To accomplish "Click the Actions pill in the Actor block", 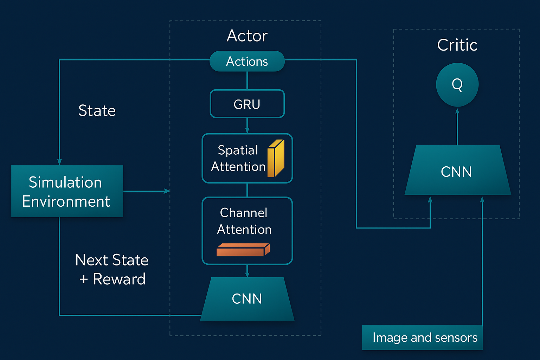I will click(247, 62).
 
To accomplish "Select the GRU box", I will click(247, 104).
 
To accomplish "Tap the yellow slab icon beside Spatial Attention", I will click(276, 158).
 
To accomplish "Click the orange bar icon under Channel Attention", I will click(243, 250).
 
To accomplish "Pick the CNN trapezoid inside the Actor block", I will click(247, 299).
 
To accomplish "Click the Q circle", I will click(457, 84).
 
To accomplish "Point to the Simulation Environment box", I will click(66, 191).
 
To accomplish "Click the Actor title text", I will click(247, 36).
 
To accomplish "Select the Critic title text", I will click(457, 45).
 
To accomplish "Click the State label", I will click(97, 111).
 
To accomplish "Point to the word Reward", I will click(119, 279).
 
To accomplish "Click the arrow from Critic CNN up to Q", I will click(457, 127).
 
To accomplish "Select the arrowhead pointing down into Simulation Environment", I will click(59, 161).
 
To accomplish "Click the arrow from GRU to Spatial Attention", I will click(247, 126).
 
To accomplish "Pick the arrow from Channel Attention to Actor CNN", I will click(247, 271).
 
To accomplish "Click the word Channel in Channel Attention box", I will click(244, 213).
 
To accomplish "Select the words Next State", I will click(112, 260).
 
